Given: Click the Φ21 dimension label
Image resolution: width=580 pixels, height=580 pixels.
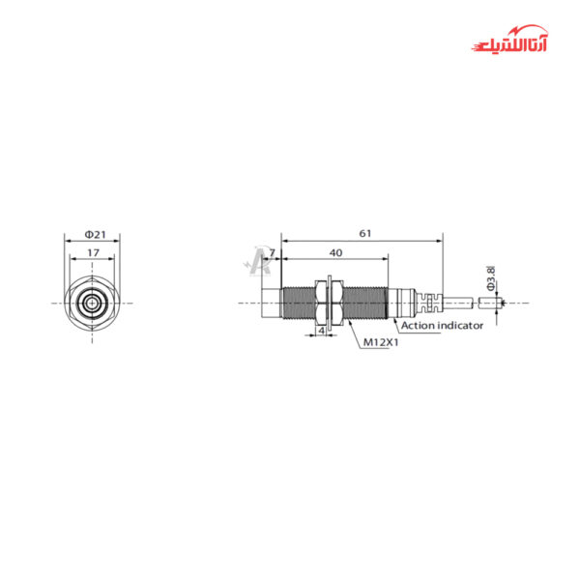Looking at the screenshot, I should [x=95, y=235].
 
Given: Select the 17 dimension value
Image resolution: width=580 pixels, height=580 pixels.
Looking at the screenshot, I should [x=93, y=252].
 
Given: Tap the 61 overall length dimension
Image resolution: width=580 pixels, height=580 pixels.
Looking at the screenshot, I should [x=363, y=234].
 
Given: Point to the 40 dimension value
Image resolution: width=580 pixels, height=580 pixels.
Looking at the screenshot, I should [x=335, y=252].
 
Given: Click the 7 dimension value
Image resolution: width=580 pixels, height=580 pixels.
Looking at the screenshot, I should [x=272, y=252].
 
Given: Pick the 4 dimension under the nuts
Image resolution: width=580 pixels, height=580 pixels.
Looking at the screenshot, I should [x=321, y=331].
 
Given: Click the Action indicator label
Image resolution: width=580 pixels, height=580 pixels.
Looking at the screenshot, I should [x=442, y=326].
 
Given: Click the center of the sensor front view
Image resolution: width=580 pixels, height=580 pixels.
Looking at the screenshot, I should [x=91, y=303].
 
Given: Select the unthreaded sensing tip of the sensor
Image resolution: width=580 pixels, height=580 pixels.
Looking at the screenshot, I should [x=269, y=303].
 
